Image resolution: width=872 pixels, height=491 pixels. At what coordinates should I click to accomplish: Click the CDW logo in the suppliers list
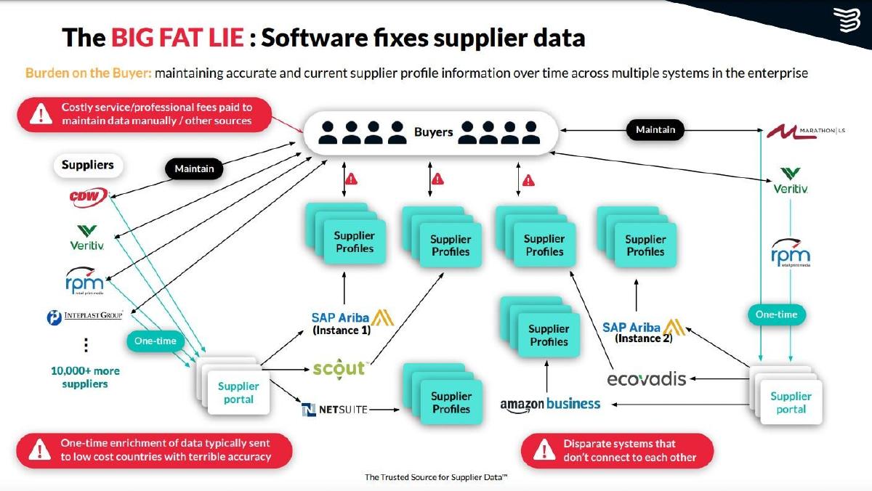[89, 197]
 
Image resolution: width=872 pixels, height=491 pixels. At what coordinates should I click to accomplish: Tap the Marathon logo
[806, 132]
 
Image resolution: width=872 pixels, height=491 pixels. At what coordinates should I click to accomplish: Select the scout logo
[339, 368]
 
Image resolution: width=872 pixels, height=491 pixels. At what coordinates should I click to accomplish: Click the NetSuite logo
[334, 410]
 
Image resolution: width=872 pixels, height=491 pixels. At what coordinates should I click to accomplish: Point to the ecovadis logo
[646, 379]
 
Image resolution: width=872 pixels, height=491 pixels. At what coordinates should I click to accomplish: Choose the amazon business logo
[550, 405]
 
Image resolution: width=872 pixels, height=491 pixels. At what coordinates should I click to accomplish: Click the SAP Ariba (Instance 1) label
[352, 323]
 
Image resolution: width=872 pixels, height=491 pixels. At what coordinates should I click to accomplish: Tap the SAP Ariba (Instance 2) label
[643, 331]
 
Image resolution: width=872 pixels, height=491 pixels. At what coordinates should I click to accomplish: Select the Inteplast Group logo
[84, 317]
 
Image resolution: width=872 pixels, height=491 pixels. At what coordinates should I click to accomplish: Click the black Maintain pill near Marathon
[655, 130]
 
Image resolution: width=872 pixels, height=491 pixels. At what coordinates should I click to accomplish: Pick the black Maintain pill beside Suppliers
[194, 169]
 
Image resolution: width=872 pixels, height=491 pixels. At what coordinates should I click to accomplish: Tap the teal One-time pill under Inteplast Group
[155, 341]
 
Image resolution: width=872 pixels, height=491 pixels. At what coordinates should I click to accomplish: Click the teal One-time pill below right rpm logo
[777, 315]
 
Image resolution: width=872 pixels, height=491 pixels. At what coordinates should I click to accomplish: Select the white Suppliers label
[88, 165]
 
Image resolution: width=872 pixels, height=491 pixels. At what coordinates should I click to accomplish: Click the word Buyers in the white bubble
[433, 132]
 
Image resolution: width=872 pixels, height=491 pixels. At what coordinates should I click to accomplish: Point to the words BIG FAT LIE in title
[177, 38]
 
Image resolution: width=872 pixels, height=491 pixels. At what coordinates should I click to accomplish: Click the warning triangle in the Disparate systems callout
[544, 450]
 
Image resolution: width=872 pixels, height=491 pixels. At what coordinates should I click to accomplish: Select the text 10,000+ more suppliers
[85, 378]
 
